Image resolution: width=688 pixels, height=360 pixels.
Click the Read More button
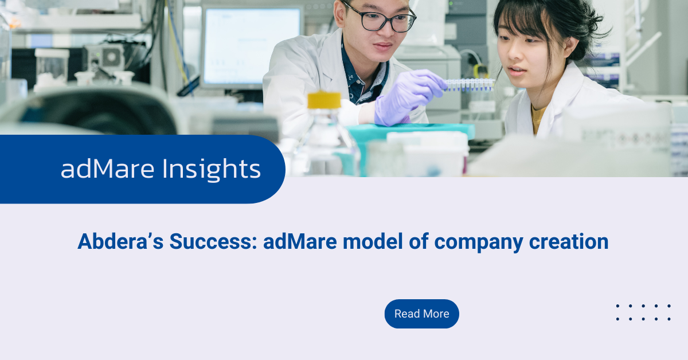click(x=422, y=314)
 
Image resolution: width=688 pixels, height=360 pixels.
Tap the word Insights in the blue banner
click(x=212, y=169)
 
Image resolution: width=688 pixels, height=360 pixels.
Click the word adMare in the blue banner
click(x=108, y=169)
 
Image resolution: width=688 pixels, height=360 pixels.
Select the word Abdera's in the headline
click(x=120, y=241)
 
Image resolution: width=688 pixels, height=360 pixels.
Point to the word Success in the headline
click(x=213, y=241)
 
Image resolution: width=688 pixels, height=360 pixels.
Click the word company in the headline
click(x=479, y=242)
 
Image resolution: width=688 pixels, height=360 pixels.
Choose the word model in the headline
click(x=373, y=241)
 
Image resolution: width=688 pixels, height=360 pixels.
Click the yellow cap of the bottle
click(x=325, y=100)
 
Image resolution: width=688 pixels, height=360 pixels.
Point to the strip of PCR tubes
click(x=470, y=85)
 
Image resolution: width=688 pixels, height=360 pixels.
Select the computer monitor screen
click(x=252, y=46)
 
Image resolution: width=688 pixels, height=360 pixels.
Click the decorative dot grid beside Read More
click(x=643, y=312)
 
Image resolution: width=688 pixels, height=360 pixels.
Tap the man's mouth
click(x=384, y=46)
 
